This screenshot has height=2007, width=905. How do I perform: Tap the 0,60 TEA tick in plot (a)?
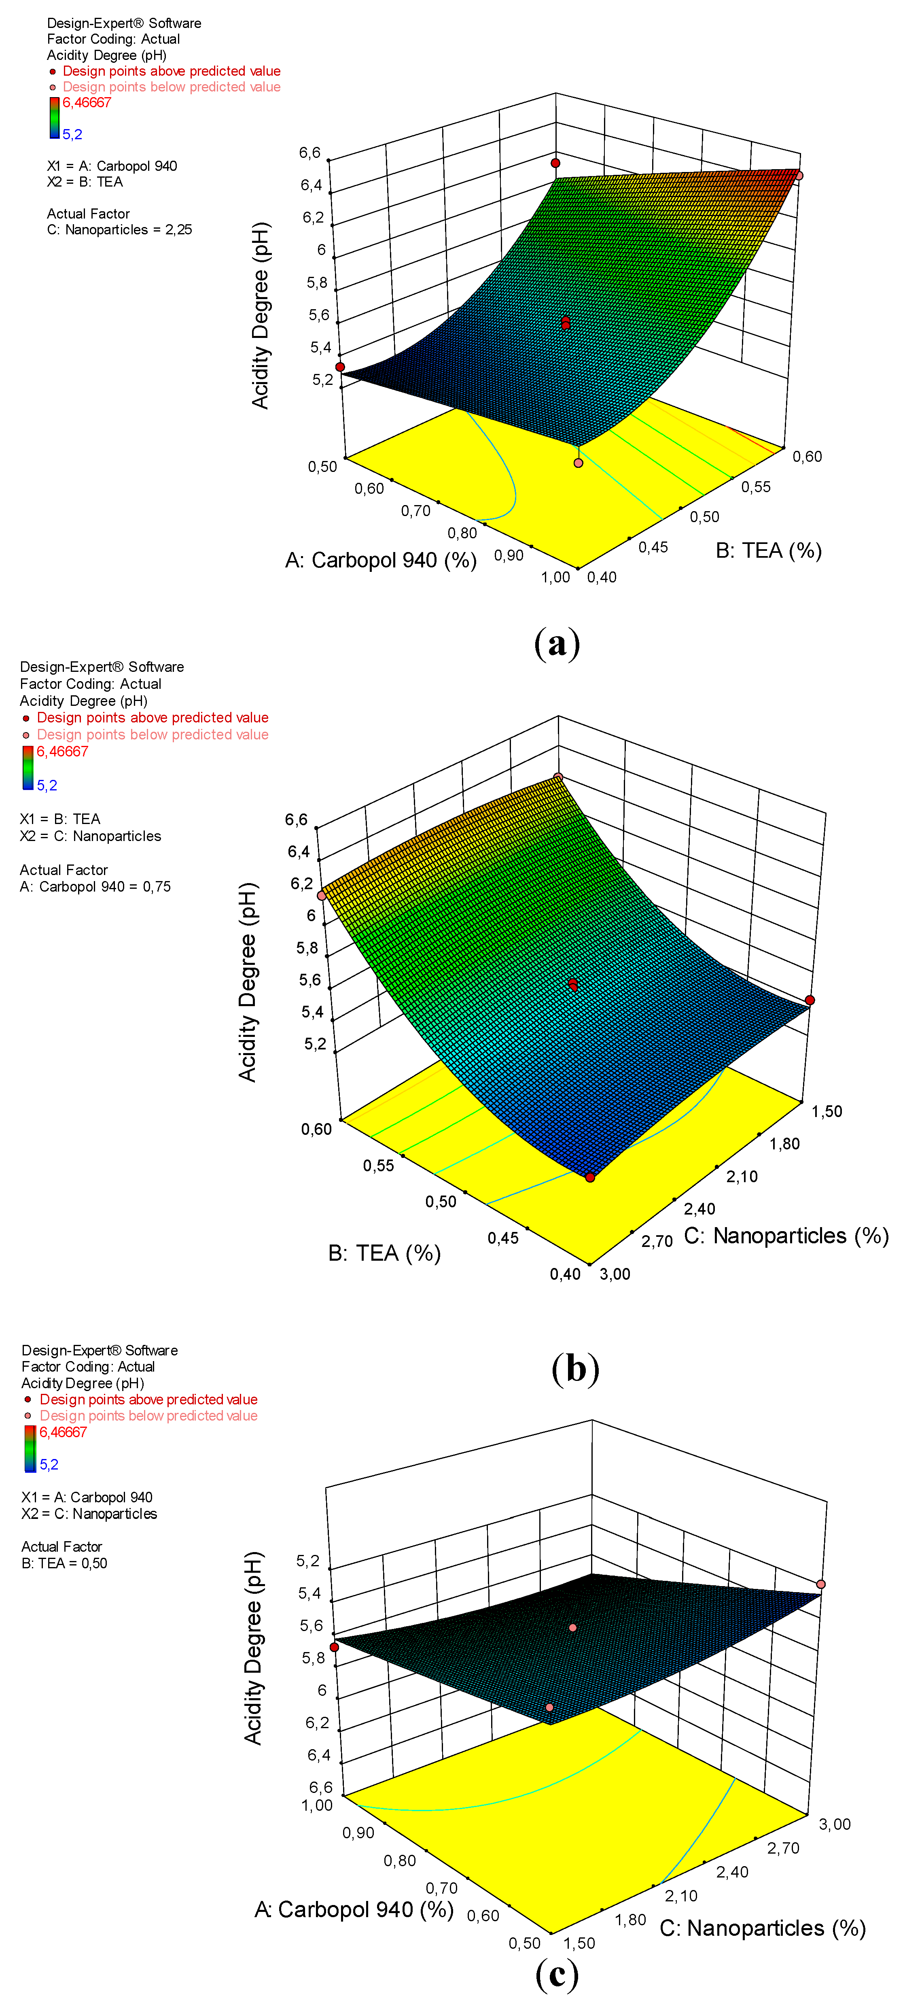(x=807, y=457)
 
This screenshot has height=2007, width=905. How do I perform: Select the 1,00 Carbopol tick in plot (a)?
(x=555, y=577)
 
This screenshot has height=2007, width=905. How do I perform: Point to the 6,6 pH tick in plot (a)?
(x=310, y=153)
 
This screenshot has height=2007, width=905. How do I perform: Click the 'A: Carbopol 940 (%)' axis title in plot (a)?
(x=381, y=560)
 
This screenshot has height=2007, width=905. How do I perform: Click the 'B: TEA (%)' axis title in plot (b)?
(x=384, y=1253)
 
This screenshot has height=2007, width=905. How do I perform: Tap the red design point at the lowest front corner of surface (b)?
(x=590, y=1177)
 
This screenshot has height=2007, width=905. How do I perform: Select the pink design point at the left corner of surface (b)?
(x=322, y=896)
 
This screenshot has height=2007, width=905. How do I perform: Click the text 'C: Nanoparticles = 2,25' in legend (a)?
(x=119, y=230)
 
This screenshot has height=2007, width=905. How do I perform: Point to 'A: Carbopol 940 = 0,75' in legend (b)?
(x=95, y=887)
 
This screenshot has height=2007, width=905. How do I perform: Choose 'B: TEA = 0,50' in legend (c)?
(x=65, y=1563)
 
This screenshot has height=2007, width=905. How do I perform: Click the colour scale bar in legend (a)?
(x=55, y=118)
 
